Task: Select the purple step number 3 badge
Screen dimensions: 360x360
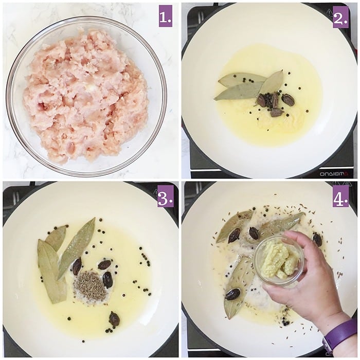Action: tap(165, 196)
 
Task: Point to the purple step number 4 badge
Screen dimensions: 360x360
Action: tap(340, 196)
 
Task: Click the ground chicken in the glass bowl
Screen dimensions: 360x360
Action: tap(85, 95)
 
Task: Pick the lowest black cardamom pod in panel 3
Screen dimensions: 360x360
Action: tap(114, 319)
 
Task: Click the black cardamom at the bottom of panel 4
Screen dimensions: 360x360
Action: tap(232, 294)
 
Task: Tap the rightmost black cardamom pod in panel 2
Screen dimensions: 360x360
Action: tap(288, 100)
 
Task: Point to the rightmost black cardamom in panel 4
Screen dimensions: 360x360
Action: tap(317, 239)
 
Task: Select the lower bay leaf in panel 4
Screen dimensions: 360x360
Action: tap(238, 288)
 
